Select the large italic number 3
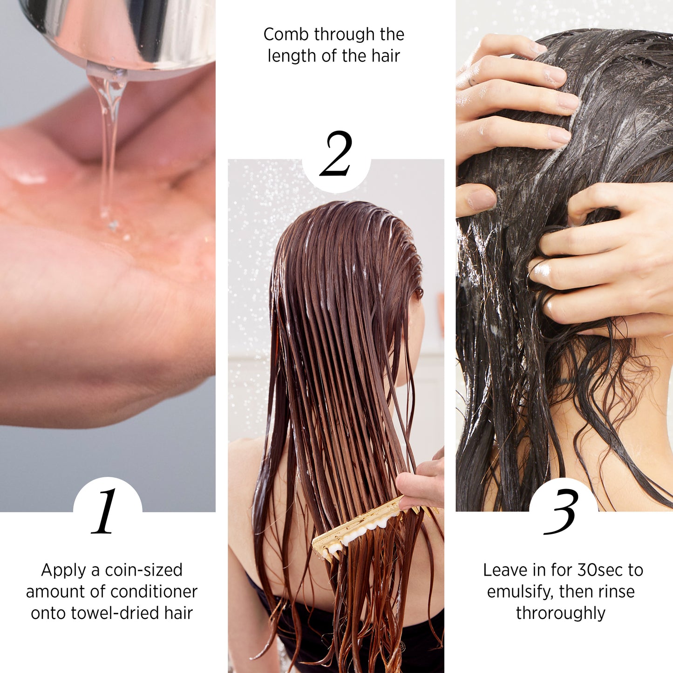tap(562, 512)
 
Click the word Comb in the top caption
tap(286, 34)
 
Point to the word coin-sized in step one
tap(143, 570)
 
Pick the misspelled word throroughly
tap(561, 613)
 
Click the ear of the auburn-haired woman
tap(418, 293)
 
